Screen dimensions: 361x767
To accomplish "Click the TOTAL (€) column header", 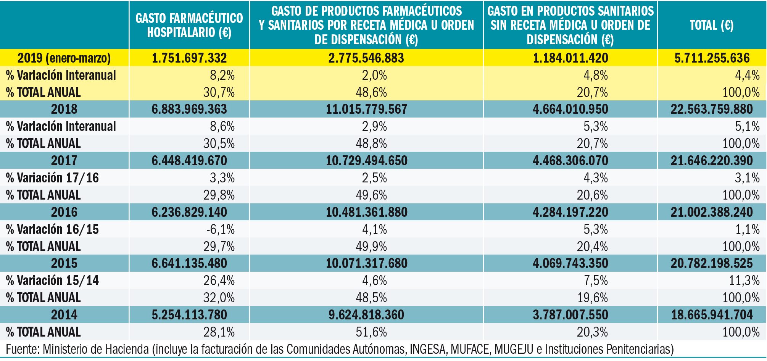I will (711, 25).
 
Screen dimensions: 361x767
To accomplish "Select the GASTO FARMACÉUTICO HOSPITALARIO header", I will (189, 25).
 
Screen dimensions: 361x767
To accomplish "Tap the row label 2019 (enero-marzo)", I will (64, 58).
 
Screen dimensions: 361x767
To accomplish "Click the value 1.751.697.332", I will (189, 58).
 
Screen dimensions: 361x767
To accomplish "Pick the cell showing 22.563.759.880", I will (712, 109).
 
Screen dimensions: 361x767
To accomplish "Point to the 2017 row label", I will (64, 161).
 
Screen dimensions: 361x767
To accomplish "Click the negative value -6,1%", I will (221, 229).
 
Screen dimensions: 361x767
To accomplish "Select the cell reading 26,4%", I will (219, 280).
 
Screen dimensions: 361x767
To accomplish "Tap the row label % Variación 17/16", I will (52, 178).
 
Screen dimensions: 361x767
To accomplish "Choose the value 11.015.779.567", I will (366, 109).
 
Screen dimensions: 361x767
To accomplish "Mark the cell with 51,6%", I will (371, 332).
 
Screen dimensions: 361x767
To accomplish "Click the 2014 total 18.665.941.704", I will (712, 315).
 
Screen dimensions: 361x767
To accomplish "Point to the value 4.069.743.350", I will (570, 263).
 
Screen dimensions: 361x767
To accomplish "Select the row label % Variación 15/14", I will (52, 280).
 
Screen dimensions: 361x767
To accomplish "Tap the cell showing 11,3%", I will (744, 280).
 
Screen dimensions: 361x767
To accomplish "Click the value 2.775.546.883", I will (366, 58).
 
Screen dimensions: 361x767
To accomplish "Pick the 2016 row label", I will (64, 212).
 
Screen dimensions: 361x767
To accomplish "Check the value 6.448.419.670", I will (189, 161).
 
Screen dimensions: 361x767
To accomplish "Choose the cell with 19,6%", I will (592, 298).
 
